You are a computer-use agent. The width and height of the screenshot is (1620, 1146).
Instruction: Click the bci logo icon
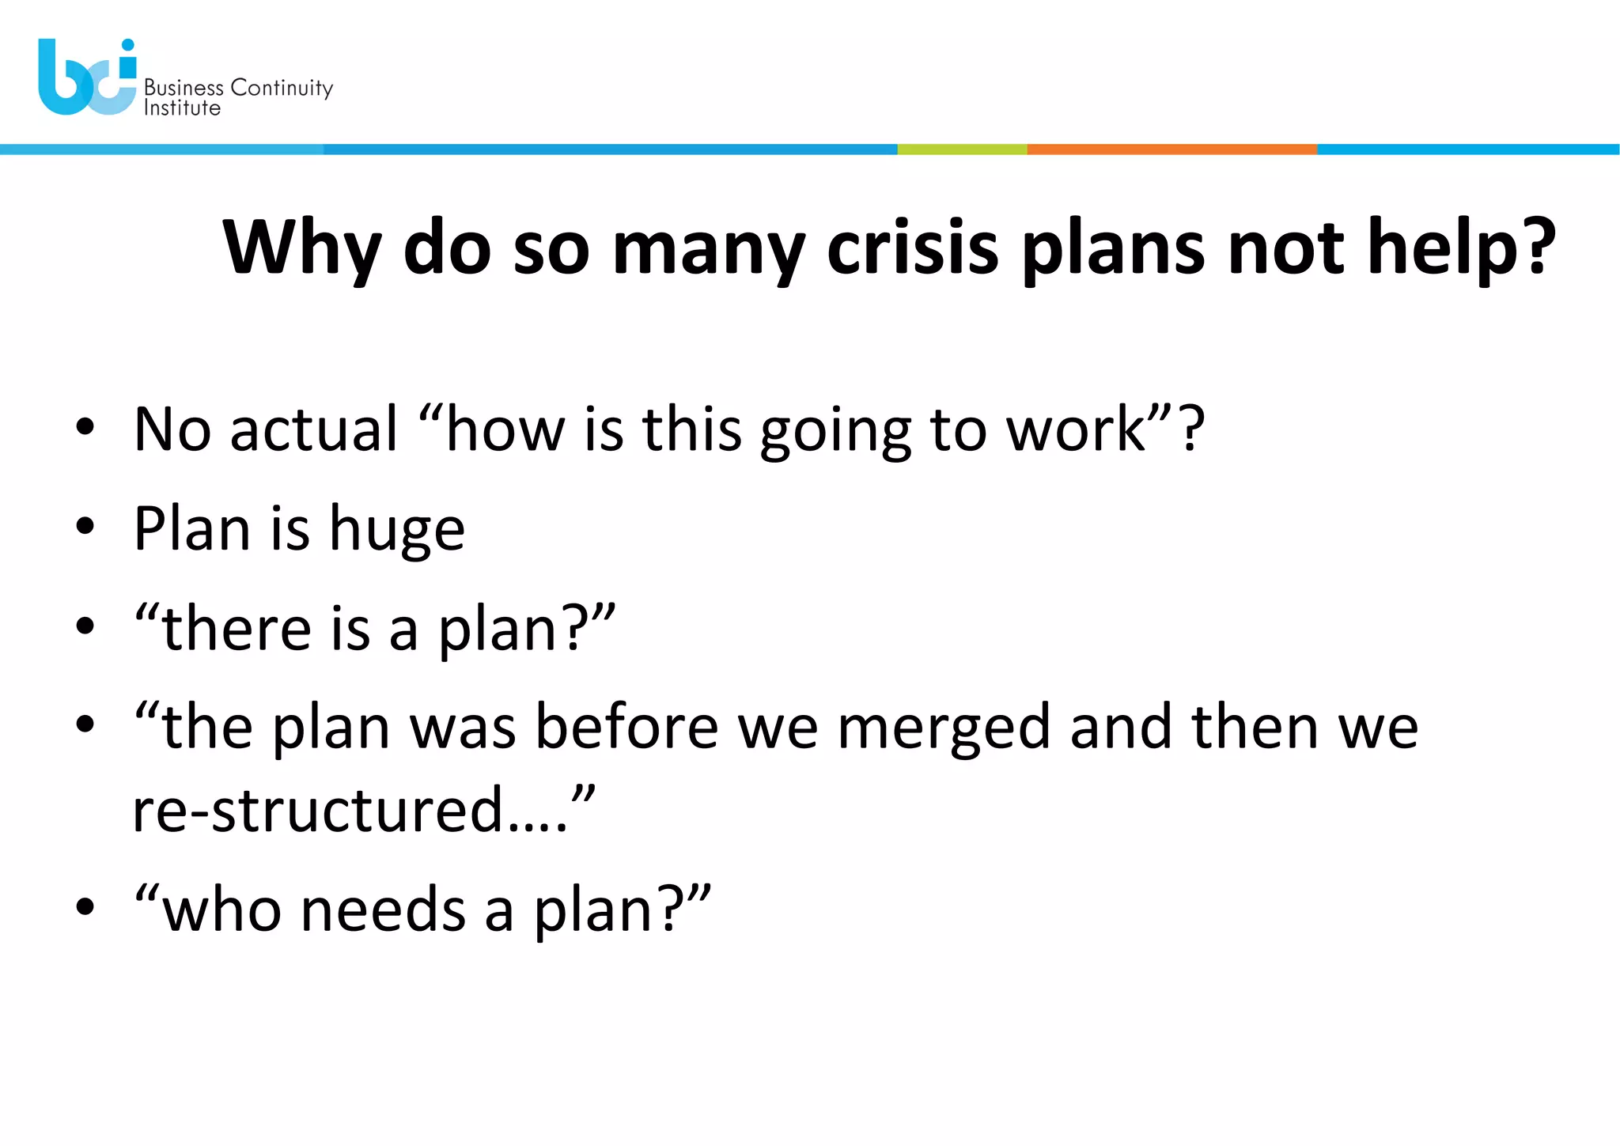(87, 78)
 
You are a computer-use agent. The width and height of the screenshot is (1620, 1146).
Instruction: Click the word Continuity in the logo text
(282, 88)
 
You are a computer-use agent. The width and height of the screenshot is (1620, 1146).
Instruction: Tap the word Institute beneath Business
(182, 108)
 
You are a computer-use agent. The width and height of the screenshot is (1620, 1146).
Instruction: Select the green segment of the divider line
(962, 149)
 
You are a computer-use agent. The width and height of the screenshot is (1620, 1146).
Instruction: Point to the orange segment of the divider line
(1171, 149)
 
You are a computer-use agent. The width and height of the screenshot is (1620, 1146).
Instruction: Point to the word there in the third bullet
(237, 629)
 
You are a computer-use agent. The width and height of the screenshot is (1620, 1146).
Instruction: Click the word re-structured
(317, 810)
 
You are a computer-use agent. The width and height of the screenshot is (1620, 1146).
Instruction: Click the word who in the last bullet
(221, 910)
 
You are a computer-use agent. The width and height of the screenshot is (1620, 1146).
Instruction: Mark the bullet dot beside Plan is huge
(85, 527)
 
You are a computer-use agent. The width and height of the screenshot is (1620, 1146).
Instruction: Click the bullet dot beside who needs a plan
(85, 907)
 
